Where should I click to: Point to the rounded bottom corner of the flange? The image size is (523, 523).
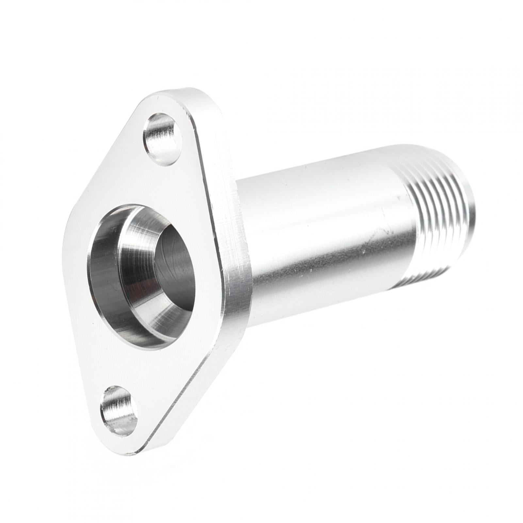tap(131, 449)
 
